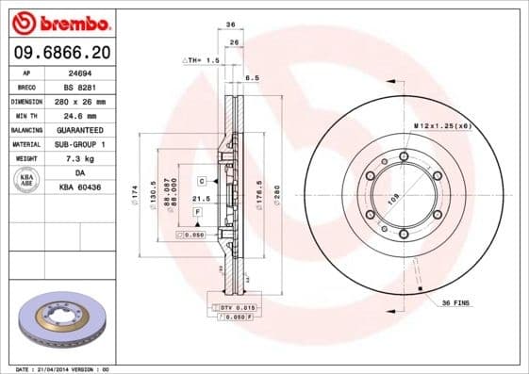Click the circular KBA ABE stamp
tap(26, 180)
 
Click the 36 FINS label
tap(457, 302)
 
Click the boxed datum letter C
tap(202, 179)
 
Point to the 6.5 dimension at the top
tap(252, 78)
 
